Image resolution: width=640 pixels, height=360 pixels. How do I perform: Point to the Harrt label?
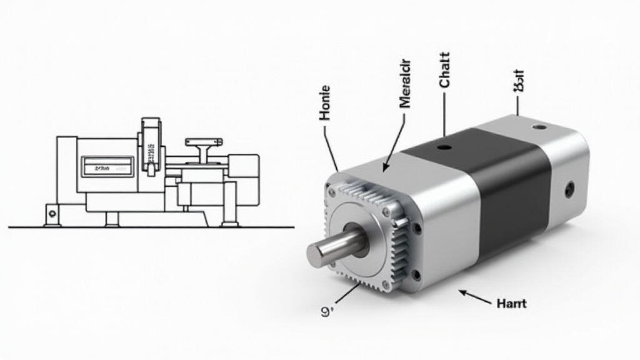511,304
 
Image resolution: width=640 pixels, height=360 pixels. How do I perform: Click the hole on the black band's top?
443,147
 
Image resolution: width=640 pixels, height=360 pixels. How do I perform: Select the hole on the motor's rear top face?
539,128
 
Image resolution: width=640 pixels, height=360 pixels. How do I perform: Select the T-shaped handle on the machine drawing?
204,147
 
